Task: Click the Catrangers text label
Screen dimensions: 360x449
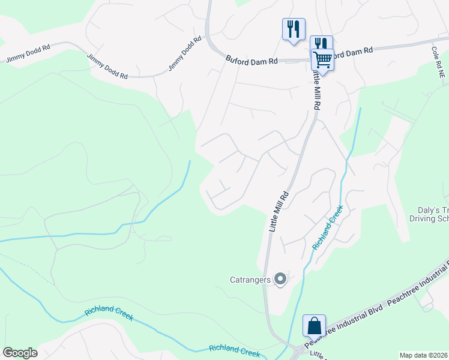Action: coord(250,279)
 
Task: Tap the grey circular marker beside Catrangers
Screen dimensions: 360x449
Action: coord(280,279)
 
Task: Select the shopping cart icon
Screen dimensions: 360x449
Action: coord(323,60)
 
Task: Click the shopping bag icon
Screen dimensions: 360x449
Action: coord(314,326)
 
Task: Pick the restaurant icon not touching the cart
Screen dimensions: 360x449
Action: coord(294,29)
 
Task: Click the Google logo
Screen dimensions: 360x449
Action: coord(20,353)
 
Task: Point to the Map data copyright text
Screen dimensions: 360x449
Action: coord(424,355)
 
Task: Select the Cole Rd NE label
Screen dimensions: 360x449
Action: coord(436,58)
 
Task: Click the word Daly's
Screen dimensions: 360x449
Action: coord(429,210)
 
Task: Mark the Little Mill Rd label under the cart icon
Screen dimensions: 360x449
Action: coord(316,89)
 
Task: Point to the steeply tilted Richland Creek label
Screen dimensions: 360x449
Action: coord(328,227)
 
